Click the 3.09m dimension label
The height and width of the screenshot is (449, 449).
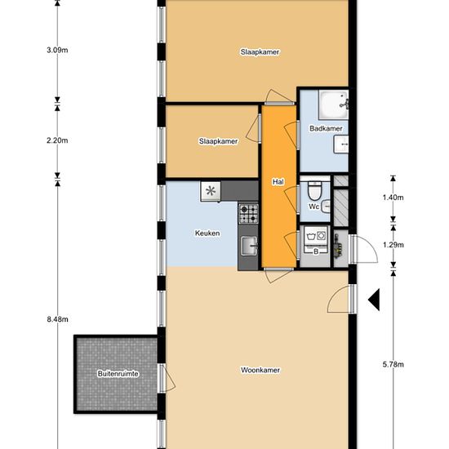point(57,50)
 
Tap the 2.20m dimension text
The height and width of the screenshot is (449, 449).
point(57,140)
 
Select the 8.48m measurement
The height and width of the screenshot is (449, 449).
point(58,319)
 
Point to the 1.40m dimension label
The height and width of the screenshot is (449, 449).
point(393,198)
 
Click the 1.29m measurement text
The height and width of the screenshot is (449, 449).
point(393,245)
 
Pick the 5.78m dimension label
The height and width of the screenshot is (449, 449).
point(393,365)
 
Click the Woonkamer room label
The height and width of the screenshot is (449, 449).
point(260,370)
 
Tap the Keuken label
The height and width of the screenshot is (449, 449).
point(207,233)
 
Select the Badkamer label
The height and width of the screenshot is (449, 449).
point(326,128)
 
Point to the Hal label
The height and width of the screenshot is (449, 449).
point(278,182)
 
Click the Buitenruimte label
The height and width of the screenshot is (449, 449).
point(118,374)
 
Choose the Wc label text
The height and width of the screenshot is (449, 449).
point(313,207)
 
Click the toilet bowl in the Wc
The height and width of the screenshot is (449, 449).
point(314,190)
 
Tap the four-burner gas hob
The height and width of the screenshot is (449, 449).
point(248,214)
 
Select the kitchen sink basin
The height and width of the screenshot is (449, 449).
point(248,246)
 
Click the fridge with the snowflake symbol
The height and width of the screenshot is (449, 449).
point(211,191)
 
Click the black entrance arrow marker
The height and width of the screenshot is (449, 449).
point(374,300)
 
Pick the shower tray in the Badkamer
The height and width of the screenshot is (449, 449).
point(333,104)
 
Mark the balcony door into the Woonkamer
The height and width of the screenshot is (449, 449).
point(167,378)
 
